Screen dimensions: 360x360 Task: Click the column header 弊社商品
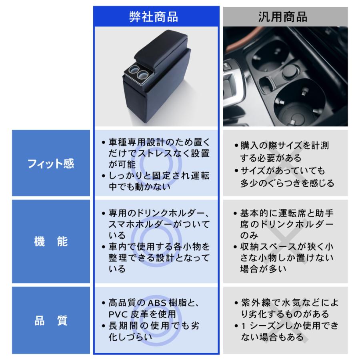pos(156,16)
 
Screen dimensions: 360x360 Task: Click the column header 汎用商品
pos(285,16)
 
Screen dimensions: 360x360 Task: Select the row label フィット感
pos(51,164)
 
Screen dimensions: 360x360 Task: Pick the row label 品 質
pos(51,320)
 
